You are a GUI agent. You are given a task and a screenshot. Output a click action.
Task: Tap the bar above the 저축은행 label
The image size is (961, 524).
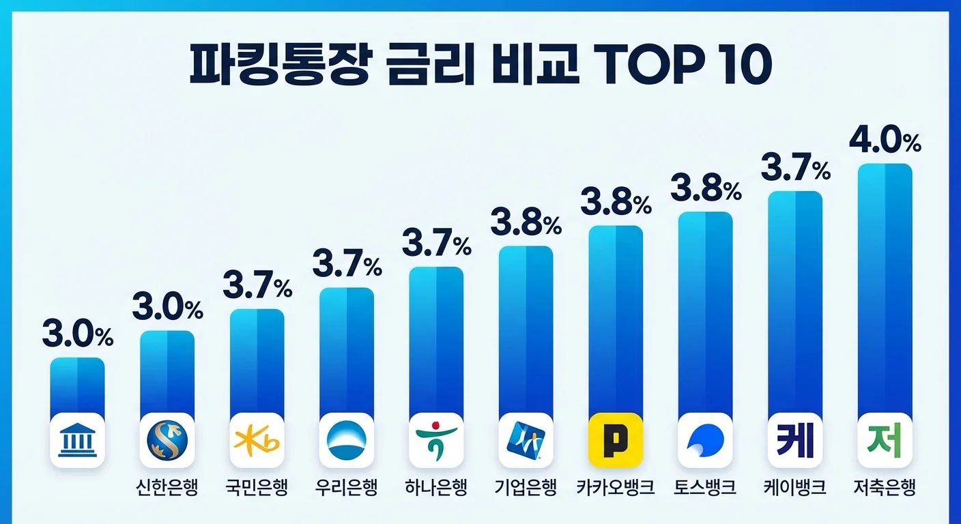pos(885,287)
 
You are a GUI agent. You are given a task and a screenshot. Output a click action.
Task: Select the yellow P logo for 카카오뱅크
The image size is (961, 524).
pos(616,440)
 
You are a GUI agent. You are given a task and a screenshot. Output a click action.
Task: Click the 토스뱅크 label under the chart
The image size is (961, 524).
pos(705,488)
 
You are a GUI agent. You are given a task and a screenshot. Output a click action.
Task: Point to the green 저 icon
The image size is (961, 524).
pos(885,440)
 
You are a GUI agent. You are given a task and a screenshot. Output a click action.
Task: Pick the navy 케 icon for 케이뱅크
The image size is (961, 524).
pos(795,440)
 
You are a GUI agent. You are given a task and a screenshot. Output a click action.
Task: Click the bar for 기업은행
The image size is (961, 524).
pos(526,327)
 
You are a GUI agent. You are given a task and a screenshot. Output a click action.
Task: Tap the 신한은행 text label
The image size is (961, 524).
pos(167,488)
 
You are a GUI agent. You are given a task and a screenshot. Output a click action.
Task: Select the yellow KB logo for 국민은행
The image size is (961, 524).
pos(257,440)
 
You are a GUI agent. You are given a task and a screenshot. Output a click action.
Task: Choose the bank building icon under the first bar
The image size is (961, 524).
pos(77,440)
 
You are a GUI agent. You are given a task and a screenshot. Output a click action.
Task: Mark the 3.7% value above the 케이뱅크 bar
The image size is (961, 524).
pos(795,168)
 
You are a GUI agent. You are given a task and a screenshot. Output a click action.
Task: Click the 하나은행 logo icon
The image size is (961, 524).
pos(436,440)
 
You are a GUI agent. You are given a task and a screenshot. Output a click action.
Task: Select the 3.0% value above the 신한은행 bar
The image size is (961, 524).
pos(167,308)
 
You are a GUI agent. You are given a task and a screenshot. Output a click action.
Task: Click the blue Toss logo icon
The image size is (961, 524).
pos(705,440)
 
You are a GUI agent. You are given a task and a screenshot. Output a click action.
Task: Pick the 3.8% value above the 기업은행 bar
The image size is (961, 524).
pos(526,223)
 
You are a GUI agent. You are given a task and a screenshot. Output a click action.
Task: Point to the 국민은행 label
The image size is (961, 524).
pos(257,488)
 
